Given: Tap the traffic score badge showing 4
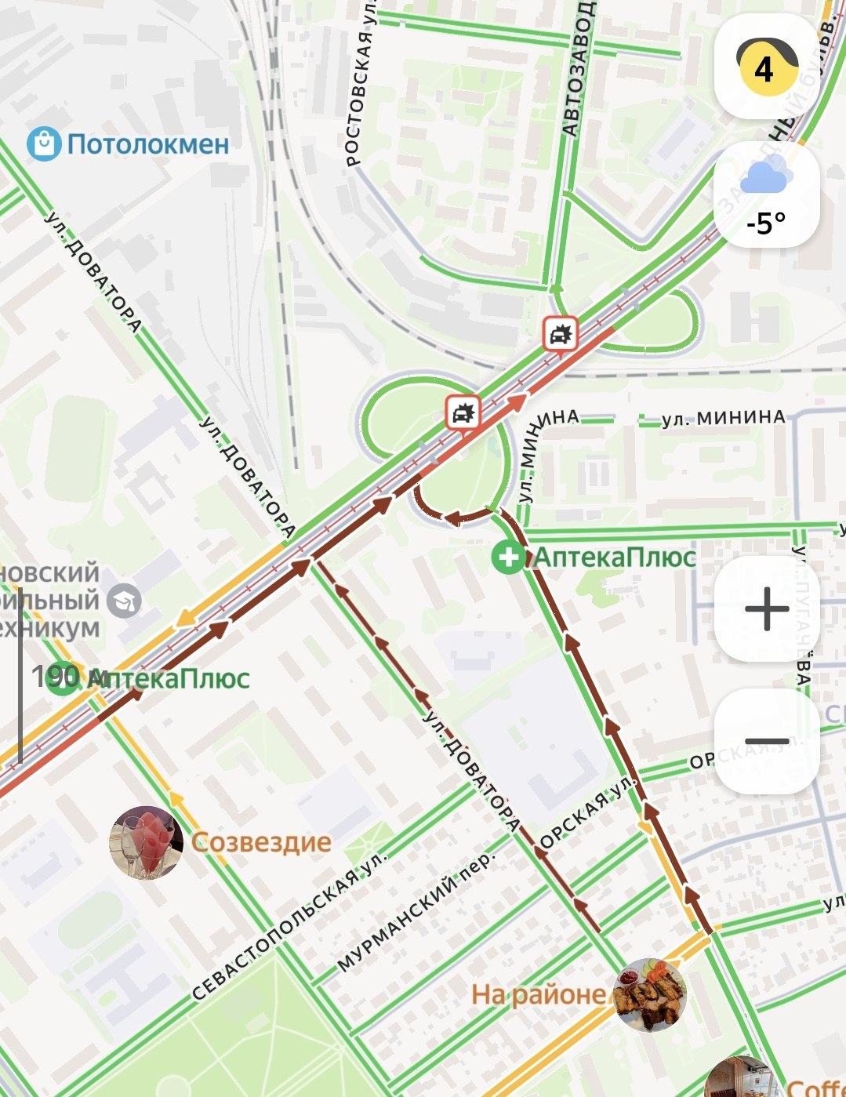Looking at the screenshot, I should click(764, 68).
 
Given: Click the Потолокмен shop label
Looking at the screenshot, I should click(147, 144).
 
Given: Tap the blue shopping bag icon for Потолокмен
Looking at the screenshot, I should click(44, 144).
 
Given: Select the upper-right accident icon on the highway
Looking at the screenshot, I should click(560, 335).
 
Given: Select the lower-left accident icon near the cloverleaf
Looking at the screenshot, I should click(463, 412).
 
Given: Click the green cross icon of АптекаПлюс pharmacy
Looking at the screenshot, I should click(508, 558).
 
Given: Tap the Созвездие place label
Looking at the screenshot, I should click(261, 843).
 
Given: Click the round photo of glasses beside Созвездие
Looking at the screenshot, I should click(146, 843).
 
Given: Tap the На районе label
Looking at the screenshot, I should click(539, 995).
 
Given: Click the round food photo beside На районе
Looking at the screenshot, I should click(650, 994).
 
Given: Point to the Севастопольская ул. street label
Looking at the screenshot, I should click(290, 926).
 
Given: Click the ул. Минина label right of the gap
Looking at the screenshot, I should click(723, 418).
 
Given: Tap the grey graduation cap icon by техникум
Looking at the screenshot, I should click(124, 601).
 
